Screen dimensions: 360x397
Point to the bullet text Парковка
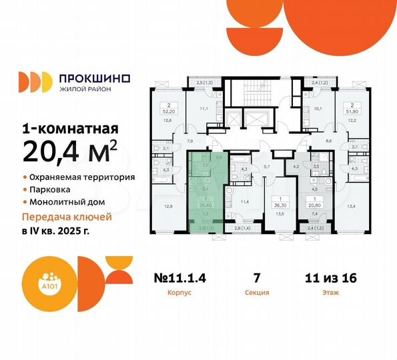click(52, 190)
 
